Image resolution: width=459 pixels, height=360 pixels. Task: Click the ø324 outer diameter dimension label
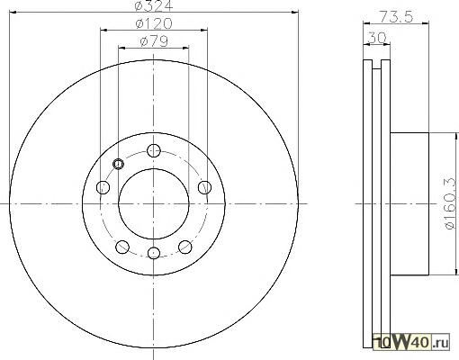click(154, 5)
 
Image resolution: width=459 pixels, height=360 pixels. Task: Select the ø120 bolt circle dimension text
click(154, 23)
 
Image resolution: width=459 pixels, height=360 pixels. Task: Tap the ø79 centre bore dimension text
click(154, 41)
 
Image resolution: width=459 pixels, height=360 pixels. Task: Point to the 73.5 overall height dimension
click(396, 16)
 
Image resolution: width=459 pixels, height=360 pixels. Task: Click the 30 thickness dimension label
click(377, 38)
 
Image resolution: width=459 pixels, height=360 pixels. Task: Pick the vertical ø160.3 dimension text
click(451, 203)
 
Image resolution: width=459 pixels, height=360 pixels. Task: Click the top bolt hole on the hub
click(154, 150)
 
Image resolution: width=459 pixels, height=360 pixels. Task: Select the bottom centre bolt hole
click(154, 253)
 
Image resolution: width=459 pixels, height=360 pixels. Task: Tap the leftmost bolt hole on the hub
click(103, 187)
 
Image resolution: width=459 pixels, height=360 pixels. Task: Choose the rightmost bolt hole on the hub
click(204, 187)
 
